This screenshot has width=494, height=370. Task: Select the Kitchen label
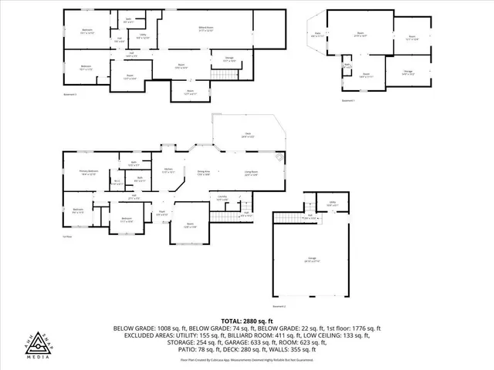(x=168, y=171)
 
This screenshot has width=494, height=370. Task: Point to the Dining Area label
(x=204, y=173)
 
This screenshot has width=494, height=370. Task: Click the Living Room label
(x=251, y=173)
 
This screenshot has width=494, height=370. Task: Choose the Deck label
(x=248, y=135)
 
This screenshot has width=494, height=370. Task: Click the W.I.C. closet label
(x=117, y=182)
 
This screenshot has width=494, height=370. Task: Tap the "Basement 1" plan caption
(x=348, y=100)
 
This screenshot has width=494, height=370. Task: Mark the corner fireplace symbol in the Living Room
(x=280, y=160)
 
